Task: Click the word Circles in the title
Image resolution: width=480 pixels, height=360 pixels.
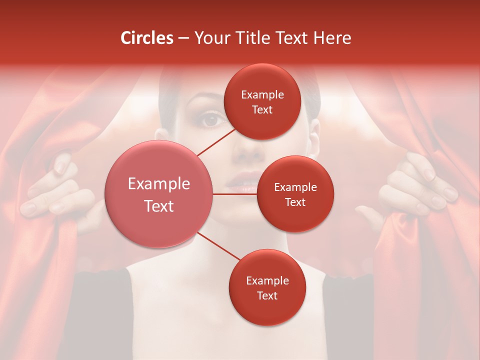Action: [x=147, y=38]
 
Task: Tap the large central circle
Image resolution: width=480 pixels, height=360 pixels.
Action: [x=159, y=194]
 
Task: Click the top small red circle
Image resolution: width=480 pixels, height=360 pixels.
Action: [x=262, y=101]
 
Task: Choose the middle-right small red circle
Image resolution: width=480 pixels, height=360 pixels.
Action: [x=295, y=194]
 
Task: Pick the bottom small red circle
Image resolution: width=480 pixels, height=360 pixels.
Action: [x=267, y=287]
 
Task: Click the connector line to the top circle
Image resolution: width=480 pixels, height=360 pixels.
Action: [x=216, y=141]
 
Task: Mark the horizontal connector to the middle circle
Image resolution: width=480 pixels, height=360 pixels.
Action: [x=235, y=193]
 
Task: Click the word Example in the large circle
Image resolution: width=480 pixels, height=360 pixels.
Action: [x=159, y=184]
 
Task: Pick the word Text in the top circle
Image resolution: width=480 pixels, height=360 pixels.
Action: [x=262, y=109]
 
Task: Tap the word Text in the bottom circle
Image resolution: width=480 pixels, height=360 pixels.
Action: [x=267, y=295]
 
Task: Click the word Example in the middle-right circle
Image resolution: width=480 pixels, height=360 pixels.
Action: [x=295, y=187]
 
